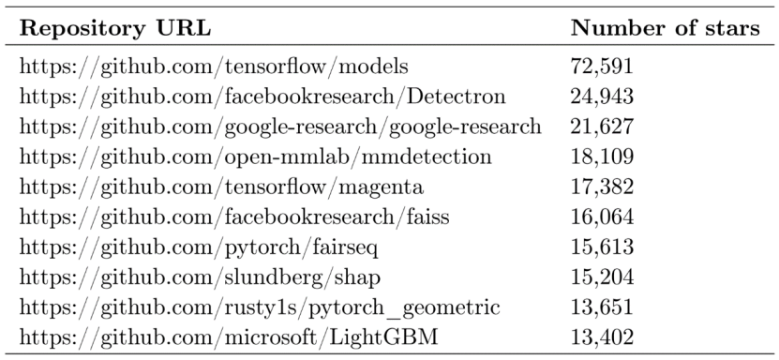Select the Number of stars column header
coord(665,29)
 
